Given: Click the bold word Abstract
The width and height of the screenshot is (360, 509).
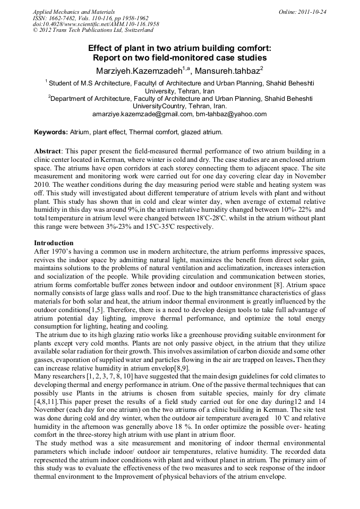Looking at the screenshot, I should (49, 151).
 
